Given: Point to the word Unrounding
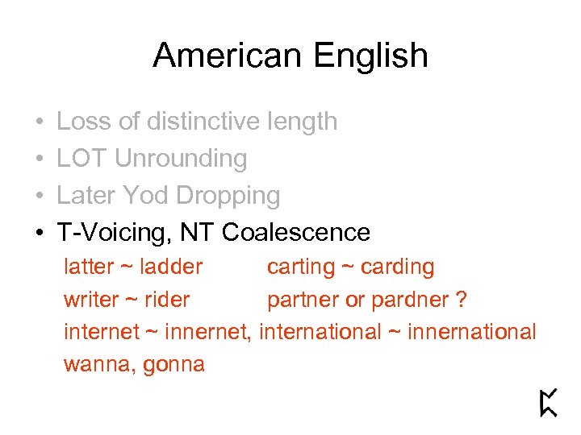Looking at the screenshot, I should tap(181, 159).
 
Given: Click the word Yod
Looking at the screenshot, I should tap(146, 196).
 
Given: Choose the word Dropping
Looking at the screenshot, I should tap(228, 196).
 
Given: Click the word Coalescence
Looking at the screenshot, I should tap(296, 233).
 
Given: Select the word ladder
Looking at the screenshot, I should tap(171, 267).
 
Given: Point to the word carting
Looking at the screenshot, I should tap(300, 267).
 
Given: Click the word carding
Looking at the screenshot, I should tap(398, 267).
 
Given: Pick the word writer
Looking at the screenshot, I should tap(90, 300).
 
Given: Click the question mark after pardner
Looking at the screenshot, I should tap(461, 300).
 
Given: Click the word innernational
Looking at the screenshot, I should tap(472, 332).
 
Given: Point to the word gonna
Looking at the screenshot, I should tap(173, 365).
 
